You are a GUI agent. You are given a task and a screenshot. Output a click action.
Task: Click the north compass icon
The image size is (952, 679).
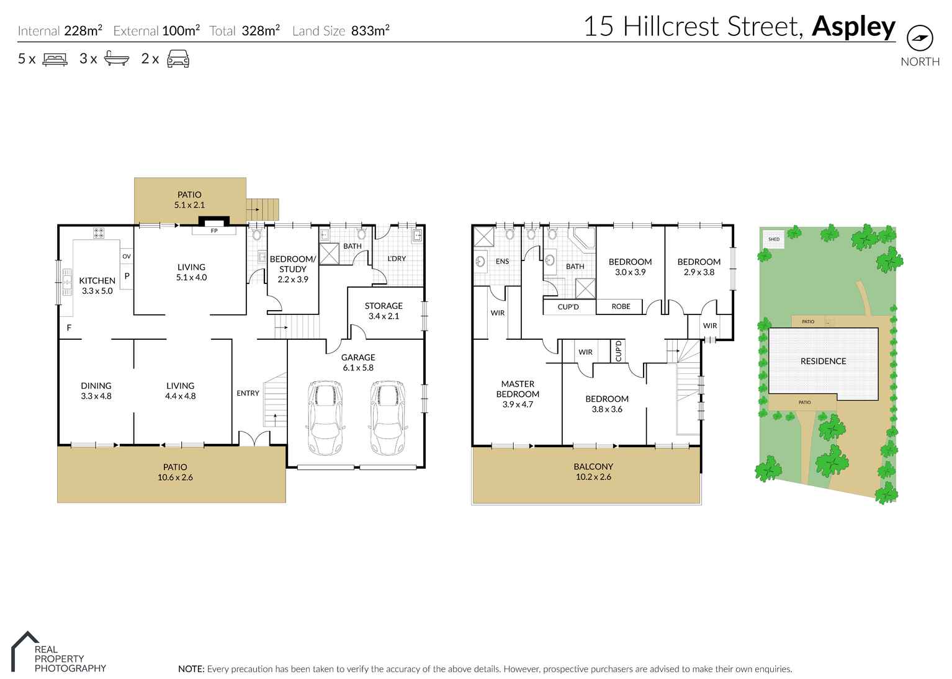pyautogui.click(x=919, y=38)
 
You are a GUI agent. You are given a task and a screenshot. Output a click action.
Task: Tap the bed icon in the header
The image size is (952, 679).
pyautogui.click(x=55, y=60)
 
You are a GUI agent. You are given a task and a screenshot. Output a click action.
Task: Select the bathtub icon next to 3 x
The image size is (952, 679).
pyautogui.click(x=116, y=59)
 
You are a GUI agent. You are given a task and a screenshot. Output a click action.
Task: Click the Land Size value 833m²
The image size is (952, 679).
pyautogui.click(x=370, y=31)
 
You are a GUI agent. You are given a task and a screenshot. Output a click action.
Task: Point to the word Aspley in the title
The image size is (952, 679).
pyautogui.click(x=853, y=27)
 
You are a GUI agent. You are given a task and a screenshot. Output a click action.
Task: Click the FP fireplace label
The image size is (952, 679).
pyautogui.click(x=214, y=231)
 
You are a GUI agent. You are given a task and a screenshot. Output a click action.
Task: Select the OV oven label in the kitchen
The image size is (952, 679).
pyautogui.click(x=127, y=256)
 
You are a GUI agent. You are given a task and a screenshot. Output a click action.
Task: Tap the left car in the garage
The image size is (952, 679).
pyautogui.click(x=325, y=417)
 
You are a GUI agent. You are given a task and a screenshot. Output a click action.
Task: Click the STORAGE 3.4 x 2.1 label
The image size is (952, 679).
pyautogui.click(x=384, y=311)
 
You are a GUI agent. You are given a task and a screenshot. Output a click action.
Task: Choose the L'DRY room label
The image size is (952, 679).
pyautogui.click(x=397, y=259)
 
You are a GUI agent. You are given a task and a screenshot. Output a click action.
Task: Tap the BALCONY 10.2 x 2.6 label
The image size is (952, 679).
pyautogui.click(x=593, y=471)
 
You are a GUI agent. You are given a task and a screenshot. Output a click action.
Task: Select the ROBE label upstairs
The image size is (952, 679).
pyautogui.click(x=621, y=306)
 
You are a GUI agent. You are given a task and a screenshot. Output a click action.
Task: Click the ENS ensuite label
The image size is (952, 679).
pyautogui.click(x=502, y=262)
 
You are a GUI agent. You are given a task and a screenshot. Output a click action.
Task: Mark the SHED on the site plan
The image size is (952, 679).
pyautogui.click(x=774, y=239)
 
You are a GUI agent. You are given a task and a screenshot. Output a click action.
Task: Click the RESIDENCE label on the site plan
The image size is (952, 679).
pyautogui.click(x=823, y=361)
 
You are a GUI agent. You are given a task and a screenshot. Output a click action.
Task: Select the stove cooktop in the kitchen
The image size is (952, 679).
pyautogui.click(x=99, y=233)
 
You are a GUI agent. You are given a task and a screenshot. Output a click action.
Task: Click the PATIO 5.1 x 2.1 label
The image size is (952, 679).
pyautogui.click(x=189, y=200)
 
